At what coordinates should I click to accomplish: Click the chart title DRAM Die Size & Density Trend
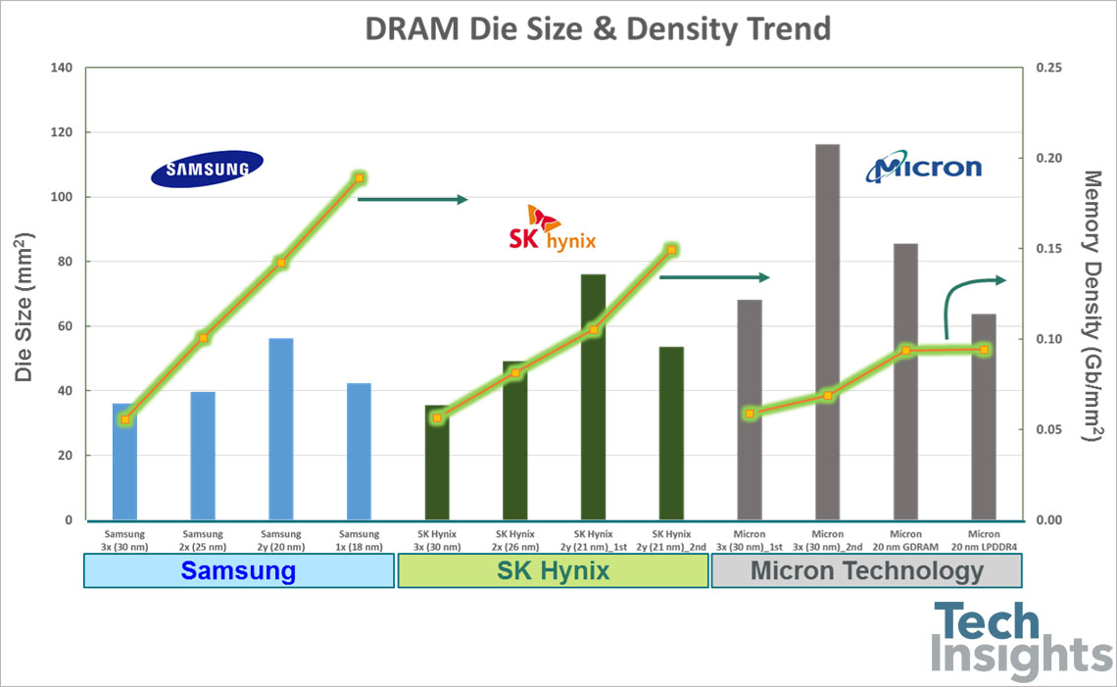coord(597,28)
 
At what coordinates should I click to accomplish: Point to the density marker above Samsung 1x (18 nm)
coord(360,178)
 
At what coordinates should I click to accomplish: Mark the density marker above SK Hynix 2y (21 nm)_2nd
coord(672,250)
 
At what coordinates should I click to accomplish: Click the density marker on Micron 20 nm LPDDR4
coord(984,350)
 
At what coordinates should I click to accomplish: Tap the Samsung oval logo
coord(207,169)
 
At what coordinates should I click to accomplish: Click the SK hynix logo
coord(548,228)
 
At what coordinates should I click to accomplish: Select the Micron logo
coord(923,168)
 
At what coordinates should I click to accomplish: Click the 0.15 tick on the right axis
coord(1047,249)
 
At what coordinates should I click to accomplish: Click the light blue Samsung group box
coord(239,571)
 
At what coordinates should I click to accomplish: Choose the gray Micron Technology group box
coord(866,571)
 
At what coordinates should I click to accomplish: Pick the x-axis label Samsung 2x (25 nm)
coord(203,540)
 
